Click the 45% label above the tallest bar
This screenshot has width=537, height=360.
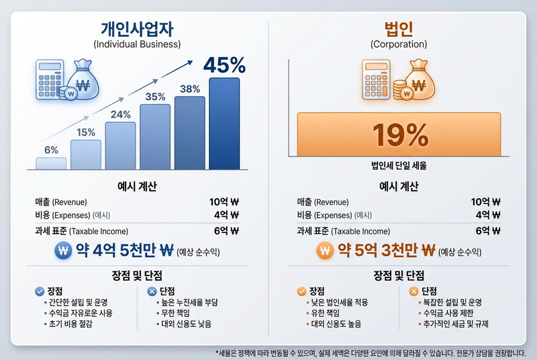[224, 65]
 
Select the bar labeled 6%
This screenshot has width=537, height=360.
[51, 163]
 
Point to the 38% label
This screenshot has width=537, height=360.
[190, 89]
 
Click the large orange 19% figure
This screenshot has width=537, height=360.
[400, 134]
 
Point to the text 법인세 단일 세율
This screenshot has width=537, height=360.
[399, 165]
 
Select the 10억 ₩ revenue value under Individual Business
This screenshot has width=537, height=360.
[224, 201]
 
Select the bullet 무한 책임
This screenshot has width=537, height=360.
[176, 313]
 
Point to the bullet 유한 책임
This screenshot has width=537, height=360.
[326, 313]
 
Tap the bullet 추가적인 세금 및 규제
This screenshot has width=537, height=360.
[451, 324]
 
